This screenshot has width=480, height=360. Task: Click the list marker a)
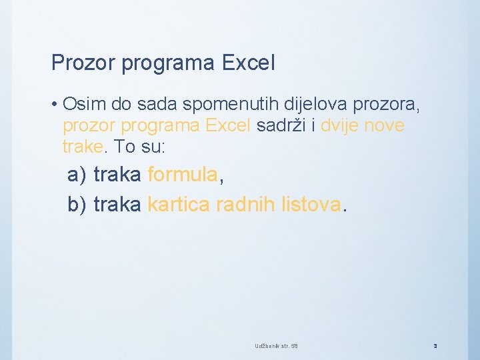[77, 175]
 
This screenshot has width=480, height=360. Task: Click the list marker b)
[77, 205]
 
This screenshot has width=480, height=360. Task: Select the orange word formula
[182, 175]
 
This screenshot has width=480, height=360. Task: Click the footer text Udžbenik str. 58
[276, 346]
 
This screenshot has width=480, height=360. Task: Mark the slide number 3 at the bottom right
[435, 346]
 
